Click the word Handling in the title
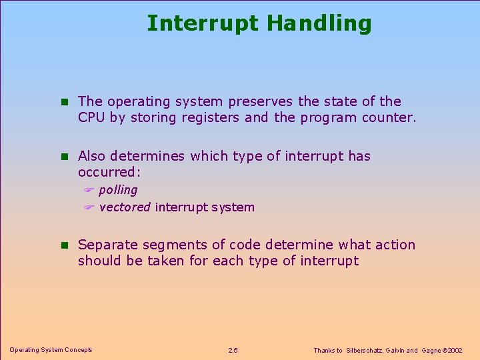point(319,23)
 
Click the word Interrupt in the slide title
point(203,23)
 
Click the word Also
point(92,156)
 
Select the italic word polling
point(118,190)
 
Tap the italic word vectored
point(125,207)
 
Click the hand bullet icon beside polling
point(89,191)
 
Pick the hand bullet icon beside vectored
point(89,207)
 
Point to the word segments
point(169,245)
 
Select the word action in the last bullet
point(393,245)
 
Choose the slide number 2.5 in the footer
point(233,350)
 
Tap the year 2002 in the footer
point(455,350)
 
